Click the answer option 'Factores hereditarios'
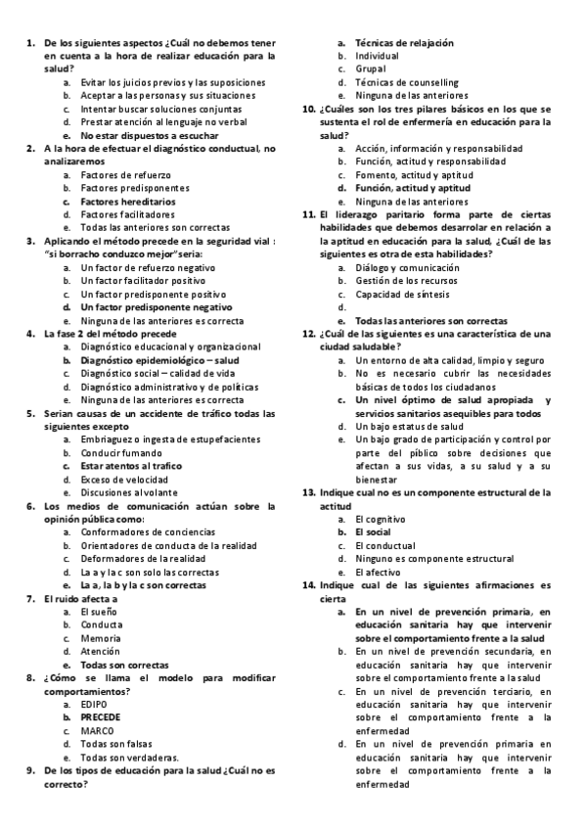(x=128, y=201)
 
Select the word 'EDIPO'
(x=94, y=704)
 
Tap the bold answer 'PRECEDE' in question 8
(x=101, y=717)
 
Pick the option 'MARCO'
(x=98, y=730)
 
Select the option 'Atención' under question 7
(x=100, y=651)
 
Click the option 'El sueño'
(x=99, y=611)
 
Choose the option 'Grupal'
(x=373, y=69)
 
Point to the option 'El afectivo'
(x=379, y=572)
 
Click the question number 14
(x=308, y=584)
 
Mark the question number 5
(x=31, y=412)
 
